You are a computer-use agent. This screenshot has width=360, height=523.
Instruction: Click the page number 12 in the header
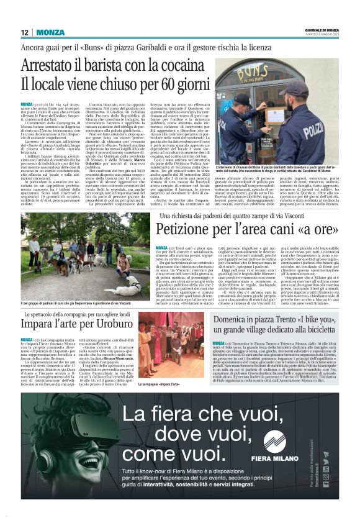click(25, 32)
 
